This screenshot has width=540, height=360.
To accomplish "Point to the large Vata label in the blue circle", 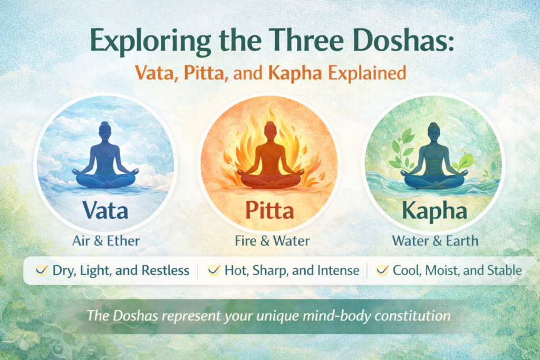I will coord(105,211).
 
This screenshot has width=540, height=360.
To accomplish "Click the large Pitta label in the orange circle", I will coord(269,211).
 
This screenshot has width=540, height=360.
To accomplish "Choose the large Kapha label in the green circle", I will coord(435,211).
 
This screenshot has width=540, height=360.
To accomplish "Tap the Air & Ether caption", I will coord(105,241).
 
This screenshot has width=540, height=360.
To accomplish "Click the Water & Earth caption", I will coord(435,241).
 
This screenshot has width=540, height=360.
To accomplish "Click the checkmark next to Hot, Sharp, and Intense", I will coord(214,271).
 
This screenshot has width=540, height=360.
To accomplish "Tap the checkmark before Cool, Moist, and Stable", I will coord(382,271).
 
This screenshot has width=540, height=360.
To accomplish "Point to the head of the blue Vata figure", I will coord(105,129).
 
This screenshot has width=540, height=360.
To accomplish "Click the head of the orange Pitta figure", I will coord(270,129).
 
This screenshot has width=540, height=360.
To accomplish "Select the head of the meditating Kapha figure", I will coord(434,129).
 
